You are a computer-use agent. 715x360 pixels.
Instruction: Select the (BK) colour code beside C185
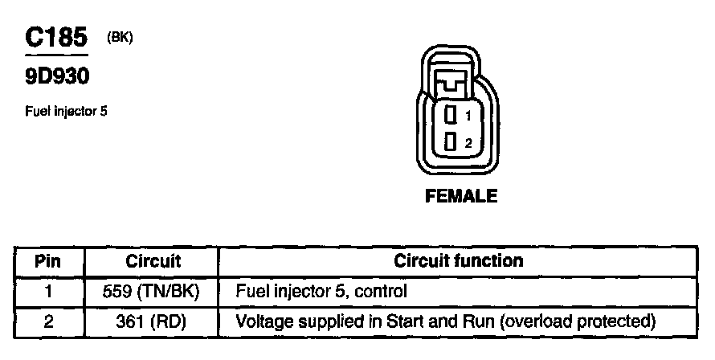click(x=119, y=39)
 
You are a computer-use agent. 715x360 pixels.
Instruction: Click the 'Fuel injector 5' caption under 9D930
click(x=67, y=112)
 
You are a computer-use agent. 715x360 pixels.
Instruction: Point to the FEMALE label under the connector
click(x=461, y=195)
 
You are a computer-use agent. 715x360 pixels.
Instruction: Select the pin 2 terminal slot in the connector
click(x=451, y=143)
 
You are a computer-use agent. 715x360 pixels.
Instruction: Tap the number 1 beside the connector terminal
click(x=468, y=117)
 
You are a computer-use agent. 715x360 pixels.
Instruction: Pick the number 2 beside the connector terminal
click(x=468, y=144)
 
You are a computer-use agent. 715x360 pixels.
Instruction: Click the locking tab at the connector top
click(x=455, y=80)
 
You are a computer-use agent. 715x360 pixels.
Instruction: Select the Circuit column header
click(x=153, y=261)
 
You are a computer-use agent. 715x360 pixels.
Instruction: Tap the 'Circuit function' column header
click(x=458, y=261)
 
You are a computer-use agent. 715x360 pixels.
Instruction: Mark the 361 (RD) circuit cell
click(x=153, y=321)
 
